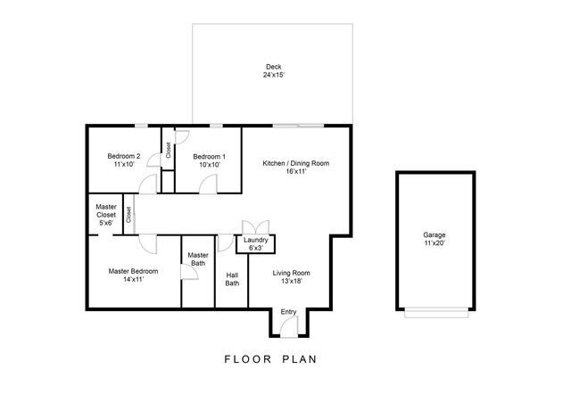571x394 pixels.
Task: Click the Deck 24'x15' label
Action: pos(273,71)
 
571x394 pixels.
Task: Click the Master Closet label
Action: pos(105,214)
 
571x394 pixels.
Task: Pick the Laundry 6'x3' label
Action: pos(256,243)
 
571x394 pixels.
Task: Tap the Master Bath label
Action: pos(198,259)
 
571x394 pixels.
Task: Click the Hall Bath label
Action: pos(232,279)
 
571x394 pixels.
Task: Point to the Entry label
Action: pos(288,311)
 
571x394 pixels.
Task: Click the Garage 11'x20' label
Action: pos(434,239)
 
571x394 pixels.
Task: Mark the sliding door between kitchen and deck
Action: pos(298,125)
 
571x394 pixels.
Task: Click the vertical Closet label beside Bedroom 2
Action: pos(168,150)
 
